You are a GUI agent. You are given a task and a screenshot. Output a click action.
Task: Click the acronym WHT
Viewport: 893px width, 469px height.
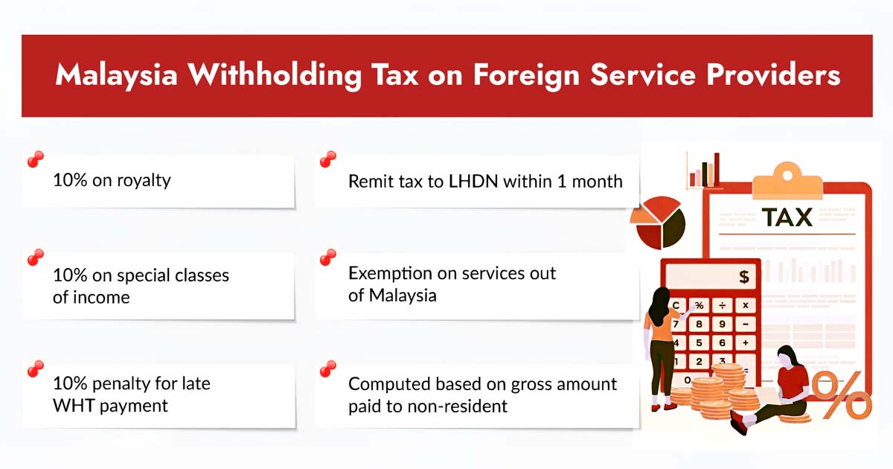pyautogui.click(x=73, y=406)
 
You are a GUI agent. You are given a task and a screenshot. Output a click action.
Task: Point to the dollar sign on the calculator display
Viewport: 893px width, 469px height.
pyautogui.click(x=743, y=278)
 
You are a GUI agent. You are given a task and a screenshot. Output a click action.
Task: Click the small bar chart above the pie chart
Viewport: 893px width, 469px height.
pyautogui.click(x=703, y=172)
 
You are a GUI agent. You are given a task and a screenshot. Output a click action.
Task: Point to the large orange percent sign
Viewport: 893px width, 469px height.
pyautogui.click(x=840, y=395)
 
